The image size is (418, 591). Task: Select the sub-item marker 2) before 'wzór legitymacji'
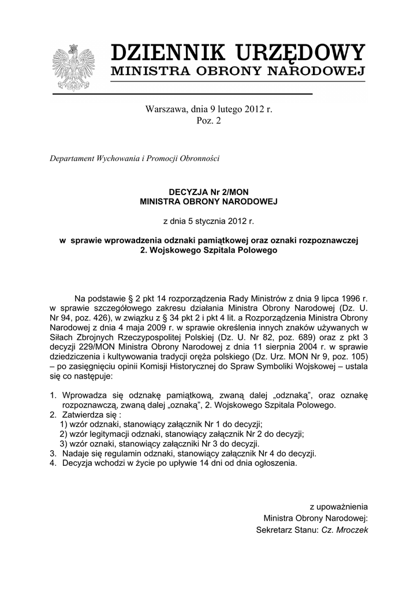[x=64, y=434]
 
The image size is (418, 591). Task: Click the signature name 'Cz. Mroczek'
[x=345, y=530]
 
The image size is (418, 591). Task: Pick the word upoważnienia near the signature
[x=339, y=507]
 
